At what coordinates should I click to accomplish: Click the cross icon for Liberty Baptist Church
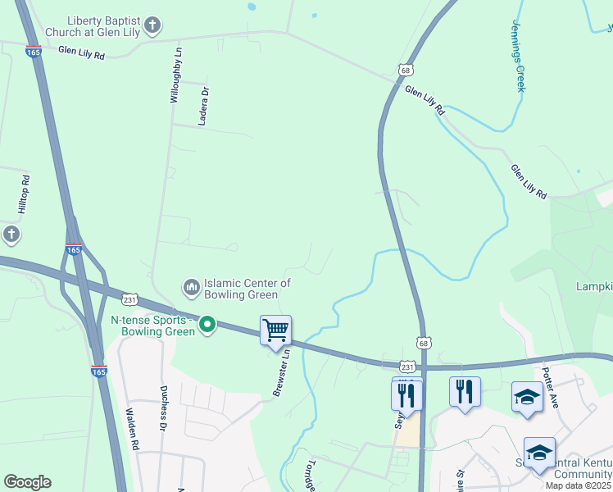pos(152,26)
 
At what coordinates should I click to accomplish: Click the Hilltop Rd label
pos(25,195)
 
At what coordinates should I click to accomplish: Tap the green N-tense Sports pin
pos(208,326)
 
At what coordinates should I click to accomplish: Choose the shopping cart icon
pos(276,331)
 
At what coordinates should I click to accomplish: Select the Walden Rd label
pos(132,429)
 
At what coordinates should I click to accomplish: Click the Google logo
pos(27,482)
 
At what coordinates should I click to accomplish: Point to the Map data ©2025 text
pos(579,485)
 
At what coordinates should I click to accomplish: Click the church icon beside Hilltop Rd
pos(11,235)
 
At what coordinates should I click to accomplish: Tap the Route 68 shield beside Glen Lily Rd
pos(406,71)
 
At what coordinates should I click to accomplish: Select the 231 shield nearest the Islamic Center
pos(130,299)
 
